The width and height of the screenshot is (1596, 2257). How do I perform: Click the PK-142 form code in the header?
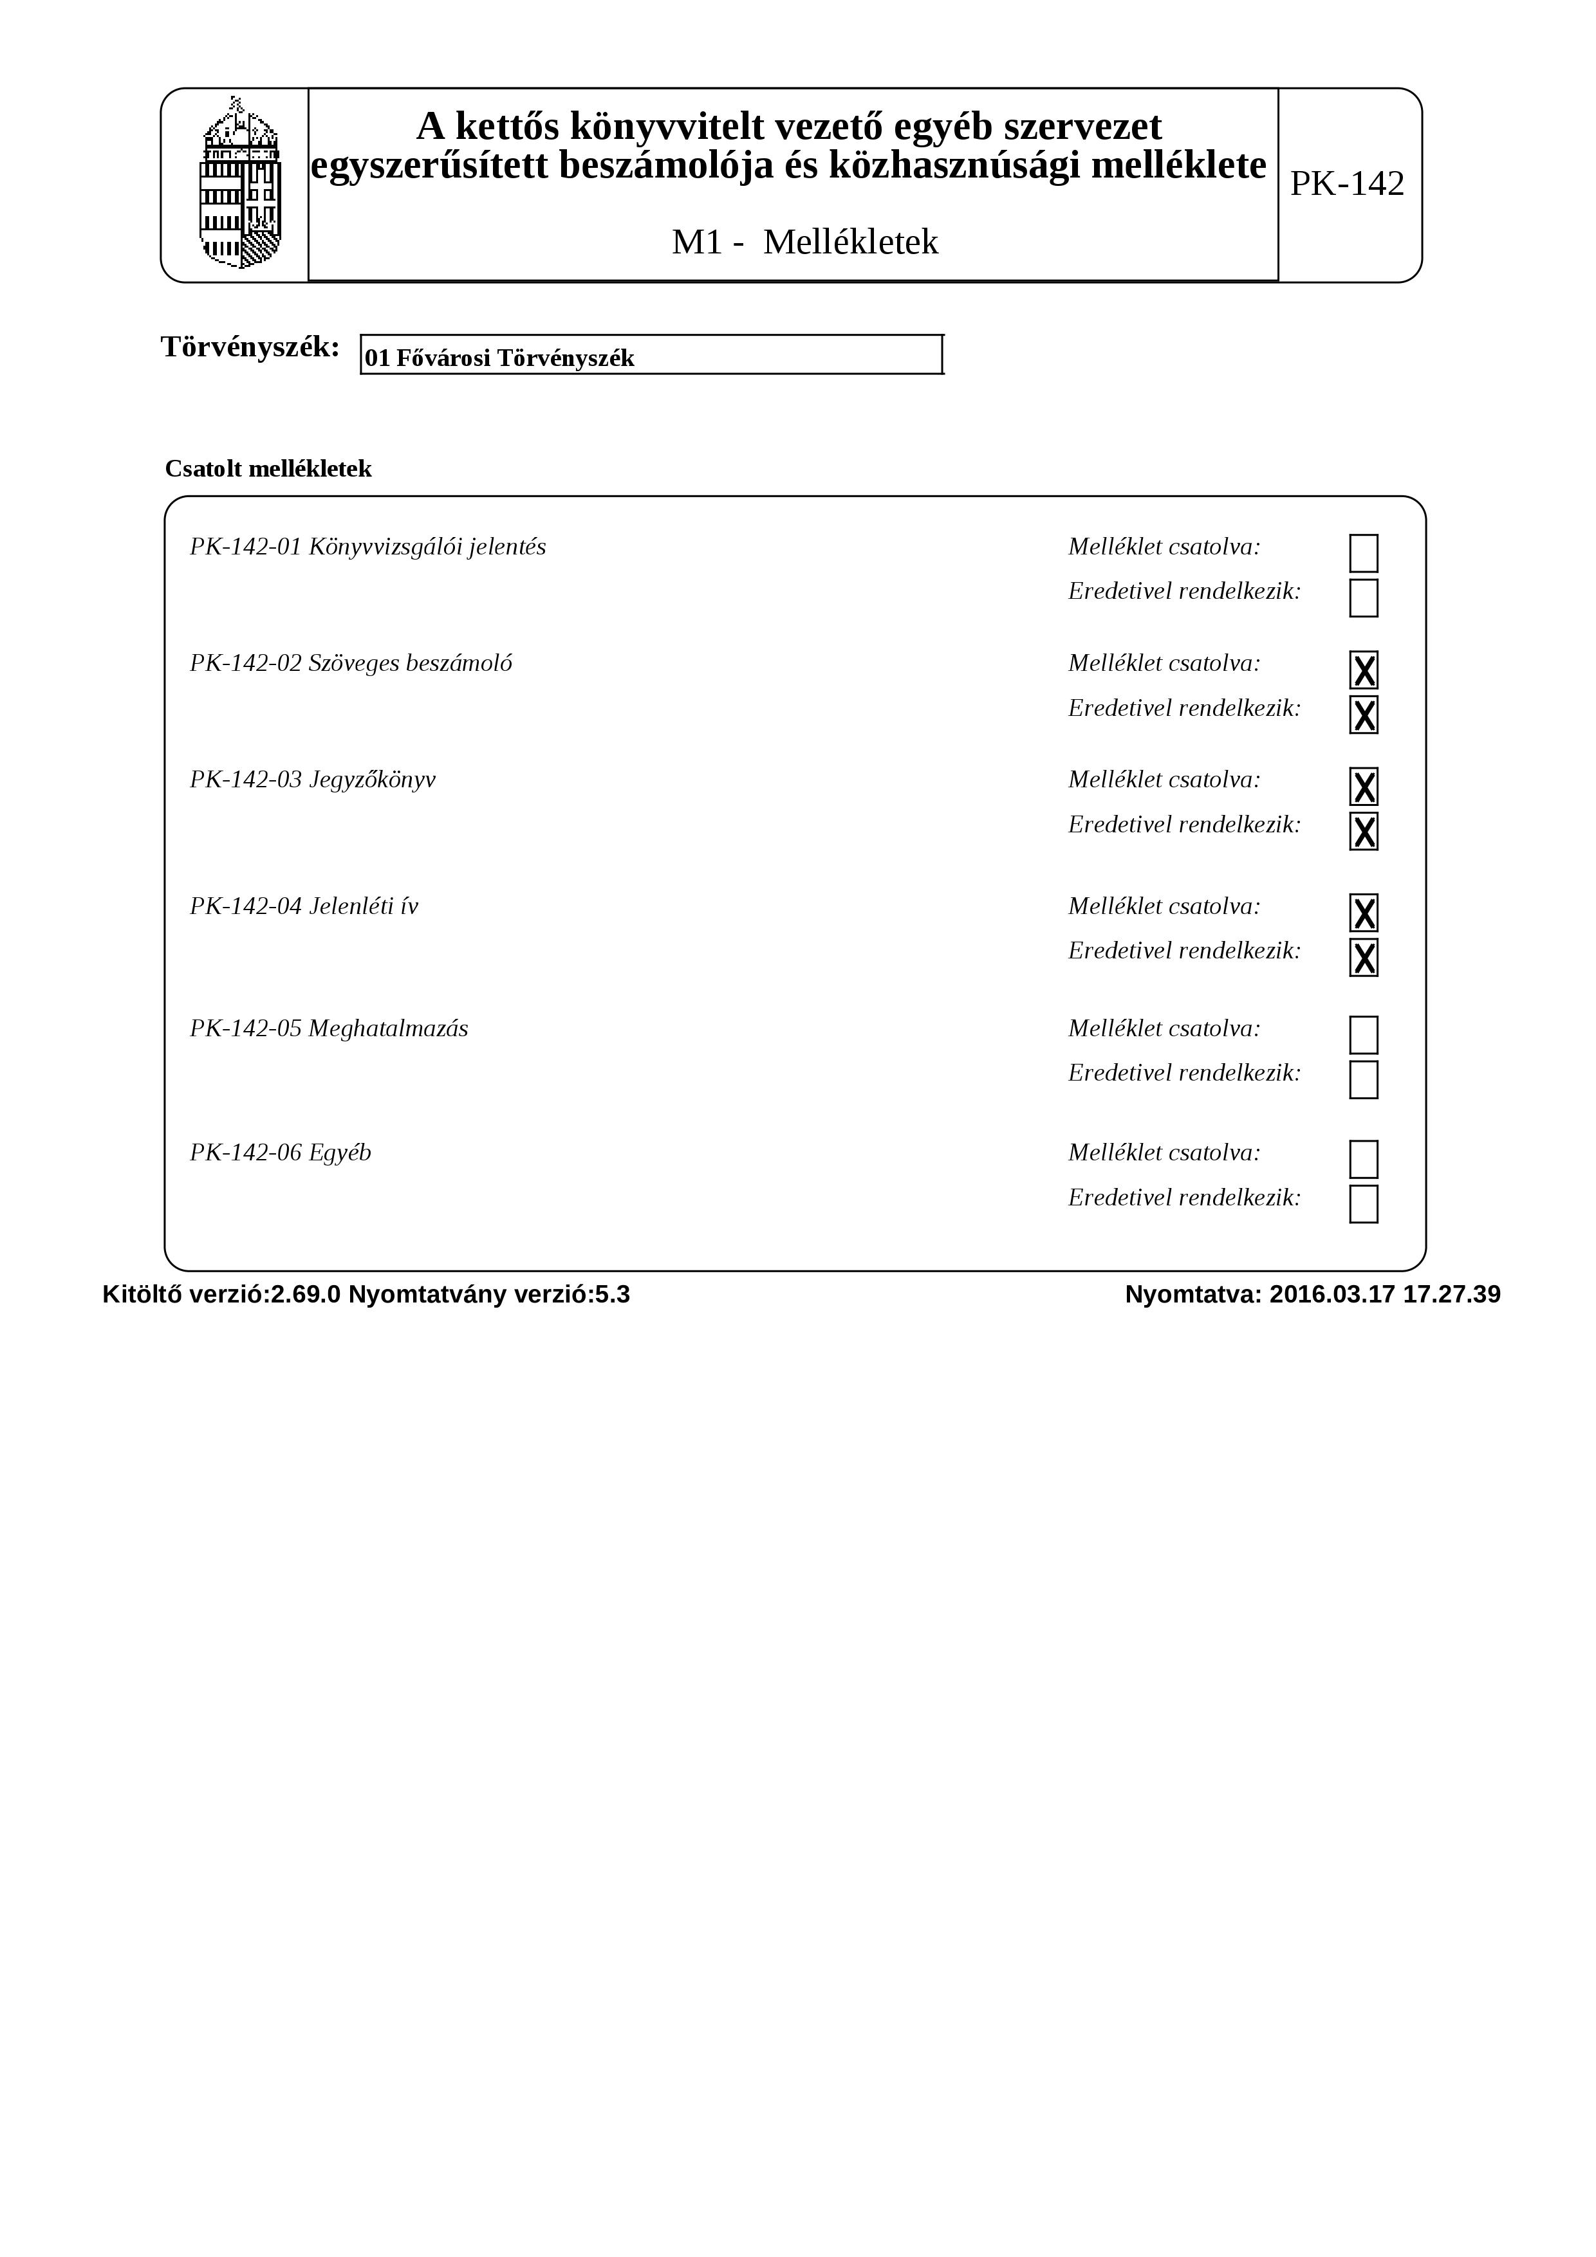click(1346, 184)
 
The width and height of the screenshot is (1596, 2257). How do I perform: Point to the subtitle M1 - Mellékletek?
click(804, 242)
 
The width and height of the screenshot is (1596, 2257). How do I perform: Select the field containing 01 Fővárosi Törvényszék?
click(651, 356)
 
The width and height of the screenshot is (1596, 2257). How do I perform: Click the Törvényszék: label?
click(250, 347)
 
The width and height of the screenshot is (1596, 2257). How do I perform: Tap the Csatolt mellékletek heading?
click(268, 469)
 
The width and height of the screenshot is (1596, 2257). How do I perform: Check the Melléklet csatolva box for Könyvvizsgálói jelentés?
click(1363, 553)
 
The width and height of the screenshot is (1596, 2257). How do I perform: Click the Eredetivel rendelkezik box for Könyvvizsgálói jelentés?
click(1363, 598)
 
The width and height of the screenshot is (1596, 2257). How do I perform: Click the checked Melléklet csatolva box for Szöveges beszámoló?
click(1363, 670)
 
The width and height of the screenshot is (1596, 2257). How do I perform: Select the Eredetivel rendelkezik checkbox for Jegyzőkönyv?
click(1363, 830)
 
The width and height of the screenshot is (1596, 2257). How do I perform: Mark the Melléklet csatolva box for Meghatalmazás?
click(1363, 1035)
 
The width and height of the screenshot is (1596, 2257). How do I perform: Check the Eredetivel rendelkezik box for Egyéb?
click(1363, 1204)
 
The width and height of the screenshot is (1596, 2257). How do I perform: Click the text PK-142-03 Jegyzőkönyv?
click(313, 780)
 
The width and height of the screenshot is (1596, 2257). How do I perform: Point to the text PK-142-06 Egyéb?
click(280, 1153)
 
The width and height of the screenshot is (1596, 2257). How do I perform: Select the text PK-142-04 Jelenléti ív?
click(304, 906)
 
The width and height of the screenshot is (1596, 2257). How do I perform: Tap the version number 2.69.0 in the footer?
click(305, 1295)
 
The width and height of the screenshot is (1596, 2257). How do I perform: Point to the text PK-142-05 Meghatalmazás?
click(328, 1029)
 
